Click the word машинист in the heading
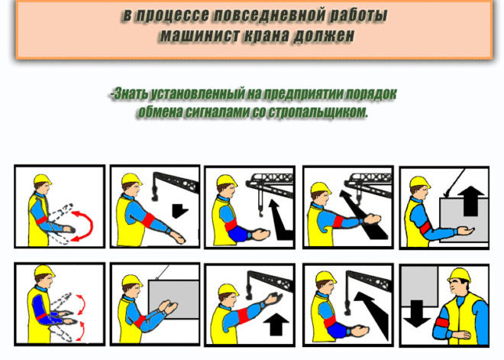tap(199, 35)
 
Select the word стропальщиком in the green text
tap(318, 112)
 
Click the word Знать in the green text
tap(130, 93)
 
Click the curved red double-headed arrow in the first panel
tap(86, 225)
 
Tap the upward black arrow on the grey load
tap(470, 201)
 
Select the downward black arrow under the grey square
tap(417, 314)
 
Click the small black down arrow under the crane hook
tap(179, 210)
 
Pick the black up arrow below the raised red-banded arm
tap(276, 324)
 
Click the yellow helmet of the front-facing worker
tap(458, 275)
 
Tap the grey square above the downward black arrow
tap(419, 286)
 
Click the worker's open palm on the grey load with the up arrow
tap(465, 230)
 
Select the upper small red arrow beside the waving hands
tap(82, 304)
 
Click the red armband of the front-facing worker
tap(441, 323)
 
